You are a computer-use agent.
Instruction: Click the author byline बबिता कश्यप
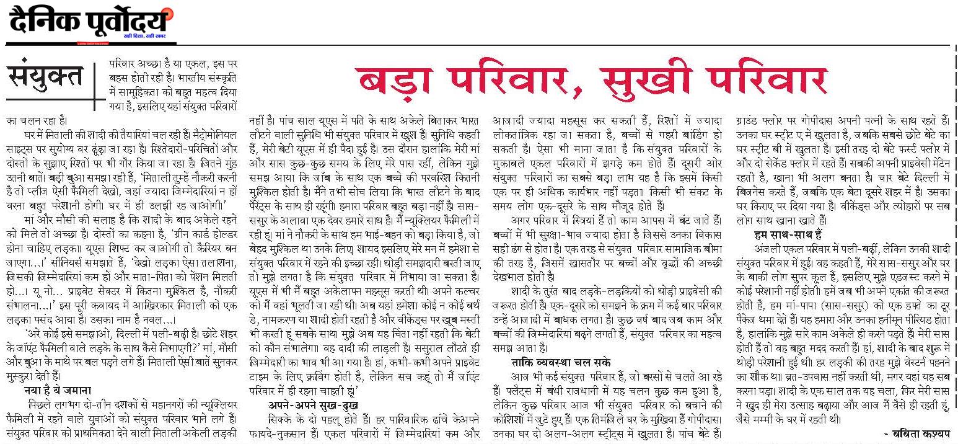pyautogui.click(x=919, y=433)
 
